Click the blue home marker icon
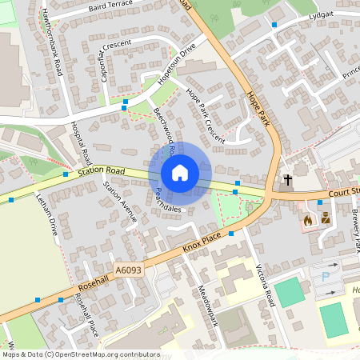tap(180, 172)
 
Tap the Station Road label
tap(102, 170)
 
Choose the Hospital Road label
tap(82, 145)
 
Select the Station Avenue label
tap(121, 201)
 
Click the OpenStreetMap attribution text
tap(81, 354)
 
